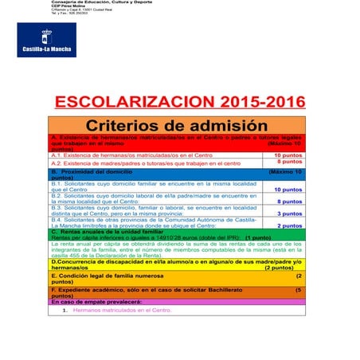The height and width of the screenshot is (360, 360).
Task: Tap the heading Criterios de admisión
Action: tap(176, 126)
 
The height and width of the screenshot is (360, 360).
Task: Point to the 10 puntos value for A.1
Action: tap(288, 155)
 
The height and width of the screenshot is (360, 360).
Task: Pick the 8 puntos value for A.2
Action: tap(288, 162)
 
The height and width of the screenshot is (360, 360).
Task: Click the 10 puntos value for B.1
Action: tap(288, 190)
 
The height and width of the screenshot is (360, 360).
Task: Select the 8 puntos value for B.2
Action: tap(288, 202)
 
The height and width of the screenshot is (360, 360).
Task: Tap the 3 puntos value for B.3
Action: tap(288, 213)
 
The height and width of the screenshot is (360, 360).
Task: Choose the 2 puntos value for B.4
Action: tap(288, 225)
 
